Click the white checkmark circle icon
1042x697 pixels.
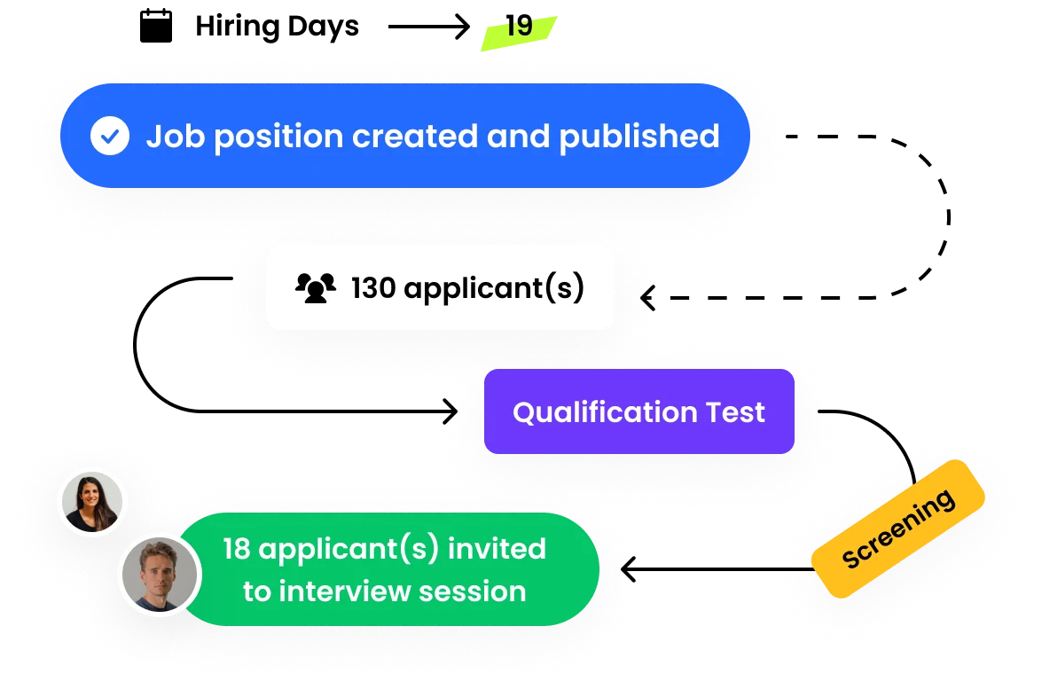pos(110,137)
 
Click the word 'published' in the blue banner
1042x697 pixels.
pos(639,137)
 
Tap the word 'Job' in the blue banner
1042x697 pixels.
pos(169,137)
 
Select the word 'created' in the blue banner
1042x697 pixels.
pos(403,137)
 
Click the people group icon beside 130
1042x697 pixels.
pos(316,288)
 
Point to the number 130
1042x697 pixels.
pos(372,288)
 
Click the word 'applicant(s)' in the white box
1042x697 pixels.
pos(494,289)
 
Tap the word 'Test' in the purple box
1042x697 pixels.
pos(735,412)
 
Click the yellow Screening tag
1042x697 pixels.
pos(897,529)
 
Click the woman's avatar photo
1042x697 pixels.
pos(92,502)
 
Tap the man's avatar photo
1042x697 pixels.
pos(160,574)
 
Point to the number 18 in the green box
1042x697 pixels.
pos(237,549)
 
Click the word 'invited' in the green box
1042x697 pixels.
pos(497,549)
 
